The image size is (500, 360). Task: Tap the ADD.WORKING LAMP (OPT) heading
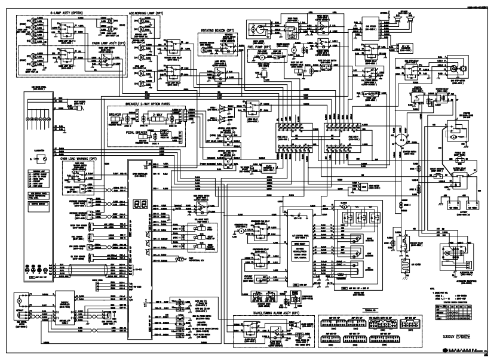click(147, 11)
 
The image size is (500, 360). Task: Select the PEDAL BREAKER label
click(139, 132)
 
